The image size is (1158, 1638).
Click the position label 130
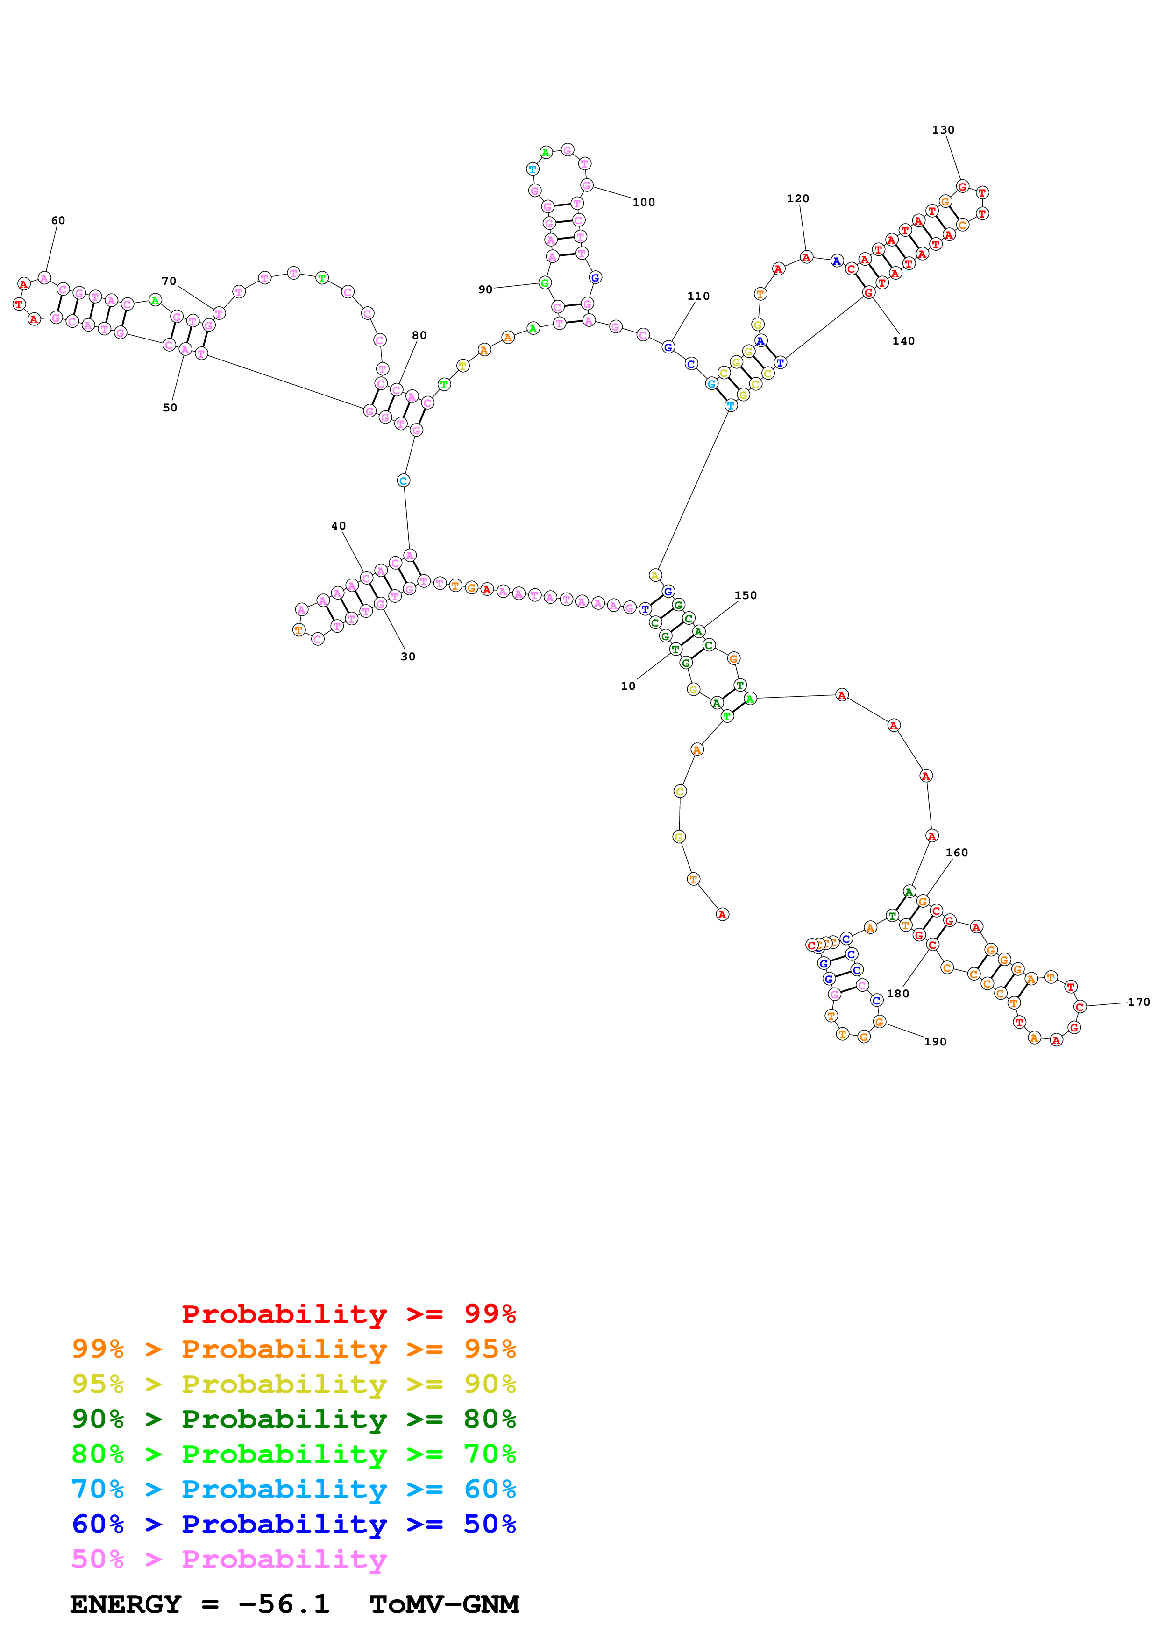tap(943, 130)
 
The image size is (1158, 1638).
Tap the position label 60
tap(58, 220)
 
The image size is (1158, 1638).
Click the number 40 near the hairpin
tap(338, 526)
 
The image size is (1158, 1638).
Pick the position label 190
tap(935, 1042)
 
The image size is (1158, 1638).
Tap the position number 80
tap(419, 335)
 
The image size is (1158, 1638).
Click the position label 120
tap(798, 198)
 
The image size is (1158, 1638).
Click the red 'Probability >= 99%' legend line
tap(348, 1313)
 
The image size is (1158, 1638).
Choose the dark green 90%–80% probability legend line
tap(293, 1419)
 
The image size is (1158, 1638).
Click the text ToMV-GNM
tap(444, 1604)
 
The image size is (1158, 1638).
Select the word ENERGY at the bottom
tap(126, 1604)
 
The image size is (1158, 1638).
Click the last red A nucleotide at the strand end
tap(722, 915)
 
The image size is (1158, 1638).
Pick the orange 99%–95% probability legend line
tap(293, 1349)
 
